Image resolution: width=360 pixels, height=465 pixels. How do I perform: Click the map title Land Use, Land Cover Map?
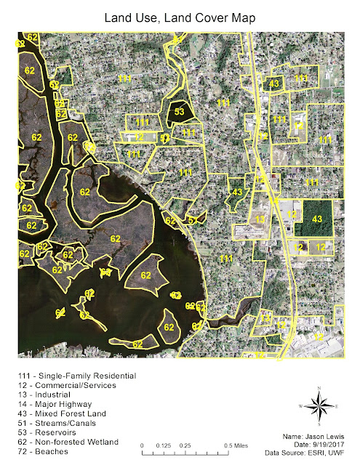tap(180, 16)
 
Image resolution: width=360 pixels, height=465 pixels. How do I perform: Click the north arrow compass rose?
tap(318, 407)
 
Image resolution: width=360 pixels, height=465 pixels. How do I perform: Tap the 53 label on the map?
tap(180, 112)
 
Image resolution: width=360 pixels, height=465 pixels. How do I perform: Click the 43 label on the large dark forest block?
tap(317, 219)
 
